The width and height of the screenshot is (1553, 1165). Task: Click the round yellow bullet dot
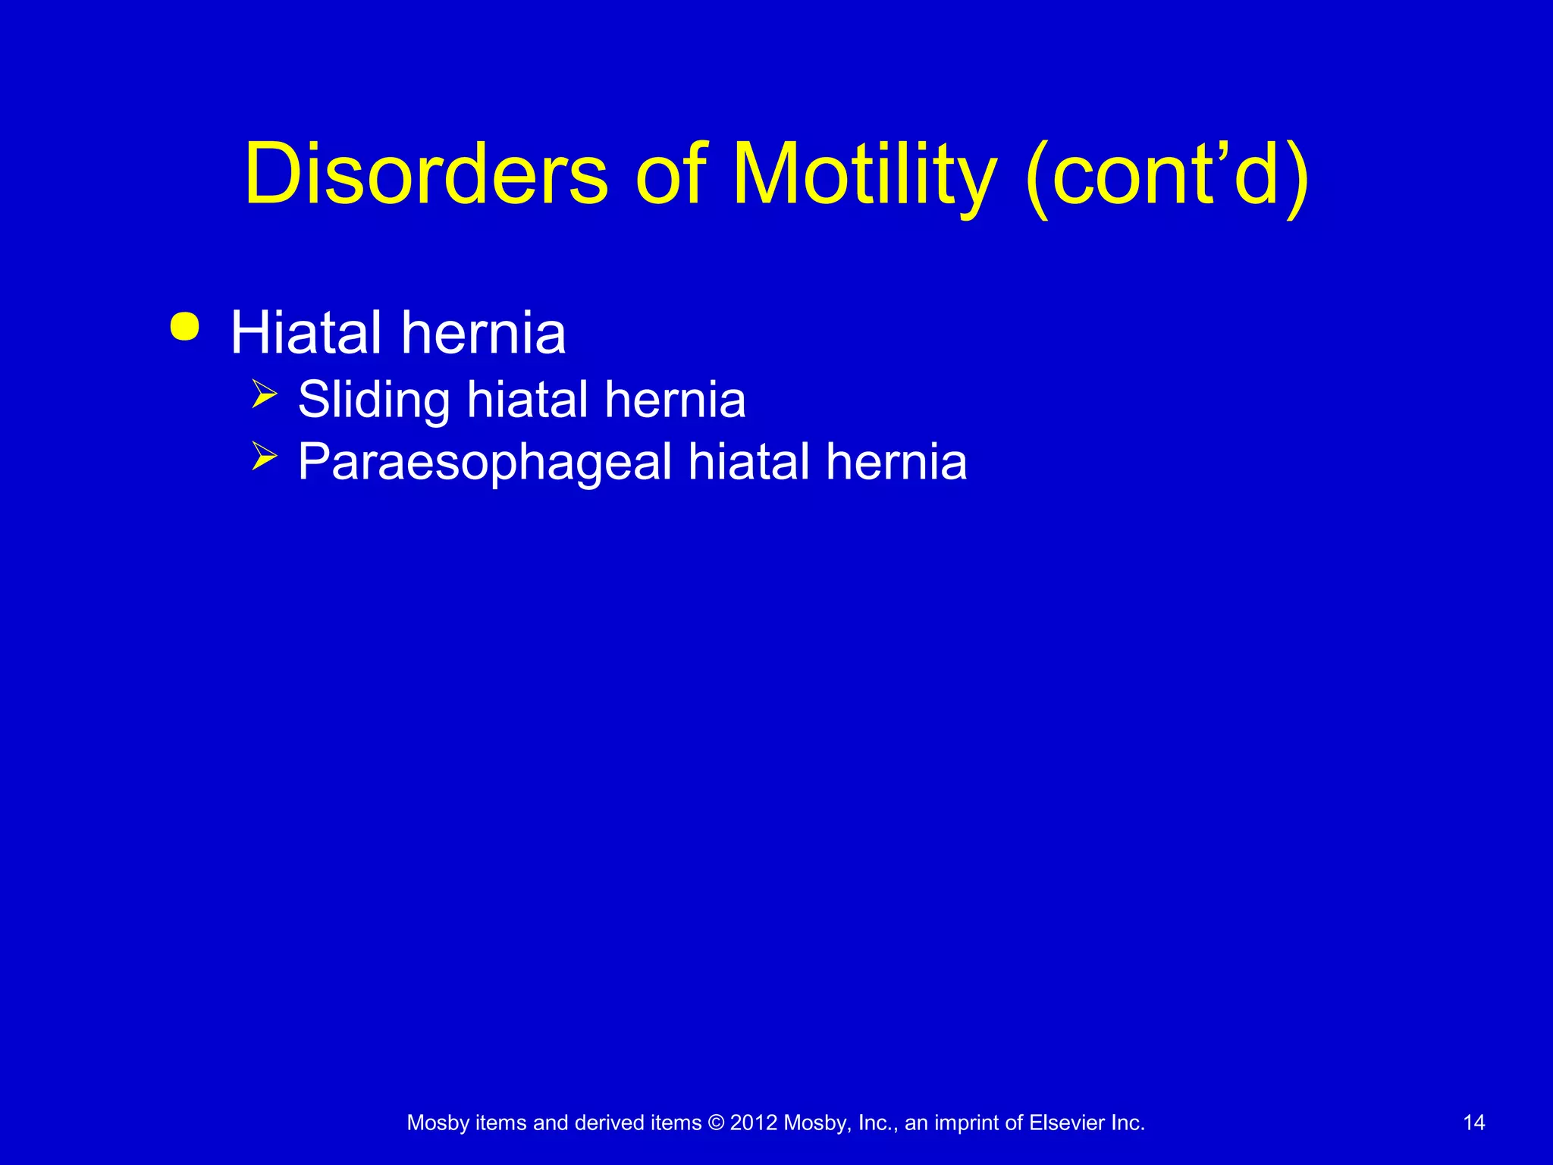[x=185, y=327]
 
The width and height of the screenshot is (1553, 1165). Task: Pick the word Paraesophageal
[x=485, y=462]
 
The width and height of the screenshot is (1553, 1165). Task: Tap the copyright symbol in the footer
[x=715, y=1123]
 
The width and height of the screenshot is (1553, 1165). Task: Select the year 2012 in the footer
[x=754, y=1123]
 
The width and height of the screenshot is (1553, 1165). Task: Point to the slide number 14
[x=1473, y=1123]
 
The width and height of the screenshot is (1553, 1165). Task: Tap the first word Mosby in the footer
[x=438, y=1123]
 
